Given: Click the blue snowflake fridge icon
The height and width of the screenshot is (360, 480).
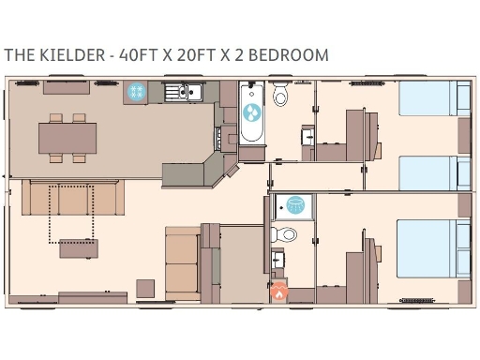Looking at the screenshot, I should pos(136,92).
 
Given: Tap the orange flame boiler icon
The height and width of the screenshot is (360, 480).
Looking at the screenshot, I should pos(278,292).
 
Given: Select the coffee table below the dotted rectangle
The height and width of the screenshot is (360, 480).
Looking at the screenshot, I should pos(78,248).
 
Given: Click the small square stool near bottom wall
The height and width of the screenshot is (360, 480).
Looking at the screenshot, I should pos(145,286).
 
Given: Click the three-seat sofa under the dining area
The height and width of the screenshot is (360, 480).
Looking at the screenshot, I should pos(73,198).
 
